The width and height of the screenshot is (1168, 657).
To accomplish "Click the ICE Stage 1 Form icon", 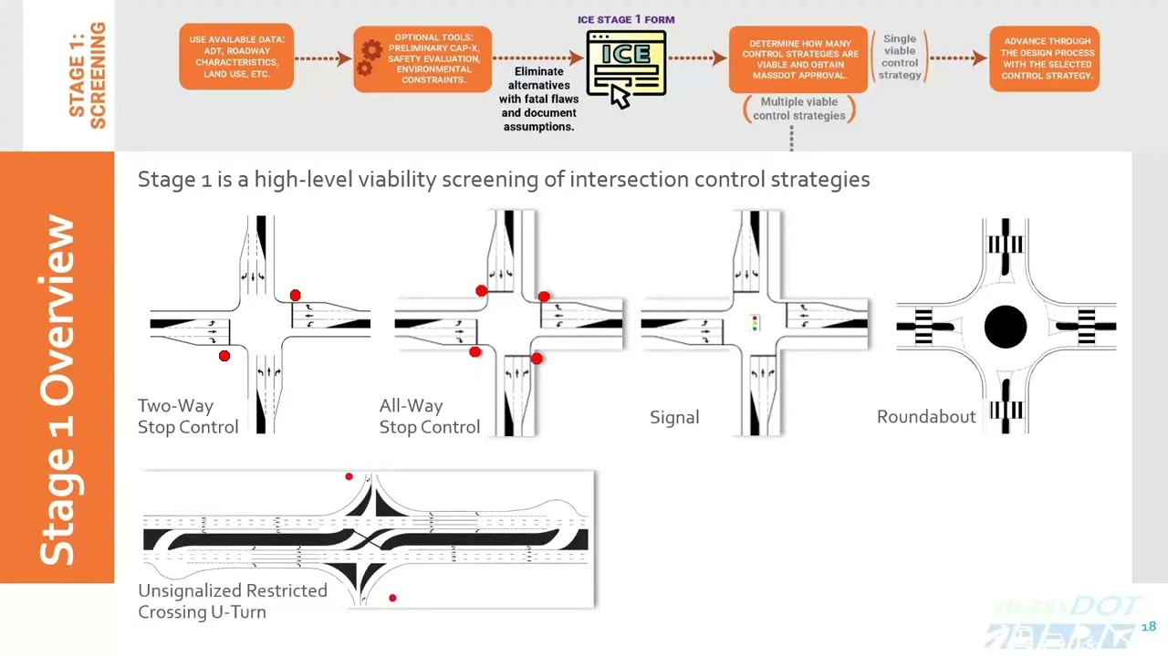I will (626, 62).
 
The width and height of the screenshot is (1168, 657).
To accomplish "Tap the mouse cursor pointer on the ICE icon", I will (620, 96).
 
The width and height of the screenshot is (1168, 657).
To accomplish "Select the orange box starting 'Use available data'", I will (236, 57).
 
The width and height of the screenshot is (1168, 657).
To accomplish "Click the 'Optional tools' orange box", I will (422, 59).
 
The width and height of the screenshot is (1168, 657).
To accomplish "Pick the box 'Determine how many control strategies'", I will (798, 59).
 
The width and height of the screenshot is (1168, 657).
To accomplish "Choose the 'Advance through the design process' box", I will (1045, 58).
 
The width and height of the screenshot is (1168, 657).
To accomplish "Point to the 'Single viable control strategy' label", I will (900, 57).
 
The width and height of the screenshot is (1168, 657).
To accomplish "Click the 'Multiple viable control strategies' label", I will (799, 109).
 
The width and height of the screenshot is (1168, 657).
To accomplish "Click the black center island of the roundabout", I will (1006, 327).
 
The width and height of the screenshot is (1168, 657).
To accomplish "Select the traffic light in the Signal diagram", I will (755, 323).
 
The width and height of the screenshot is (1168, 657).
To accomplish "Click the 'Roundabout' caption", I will (926, 417).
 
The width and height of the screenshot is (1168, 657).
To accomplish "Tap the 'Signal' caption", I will (674, 417).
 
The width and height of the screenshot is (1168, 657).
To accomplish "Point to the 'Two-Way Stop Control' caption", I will (187, 416).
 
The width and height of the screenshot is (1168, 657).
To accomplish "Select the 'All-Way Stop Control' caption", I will (429, 416).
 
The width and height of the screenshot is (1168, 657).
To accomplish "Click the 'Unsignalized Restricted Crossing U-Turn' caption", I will (232, 601).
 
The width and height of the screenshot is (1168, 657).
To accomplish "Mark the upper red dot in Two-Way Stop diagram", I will (295, 296).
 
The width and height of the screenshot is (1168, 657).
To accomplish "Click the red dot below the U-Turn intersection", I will (392, 598).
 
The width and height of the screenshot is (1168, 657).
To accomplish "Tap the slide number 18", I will (1148, 627).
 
